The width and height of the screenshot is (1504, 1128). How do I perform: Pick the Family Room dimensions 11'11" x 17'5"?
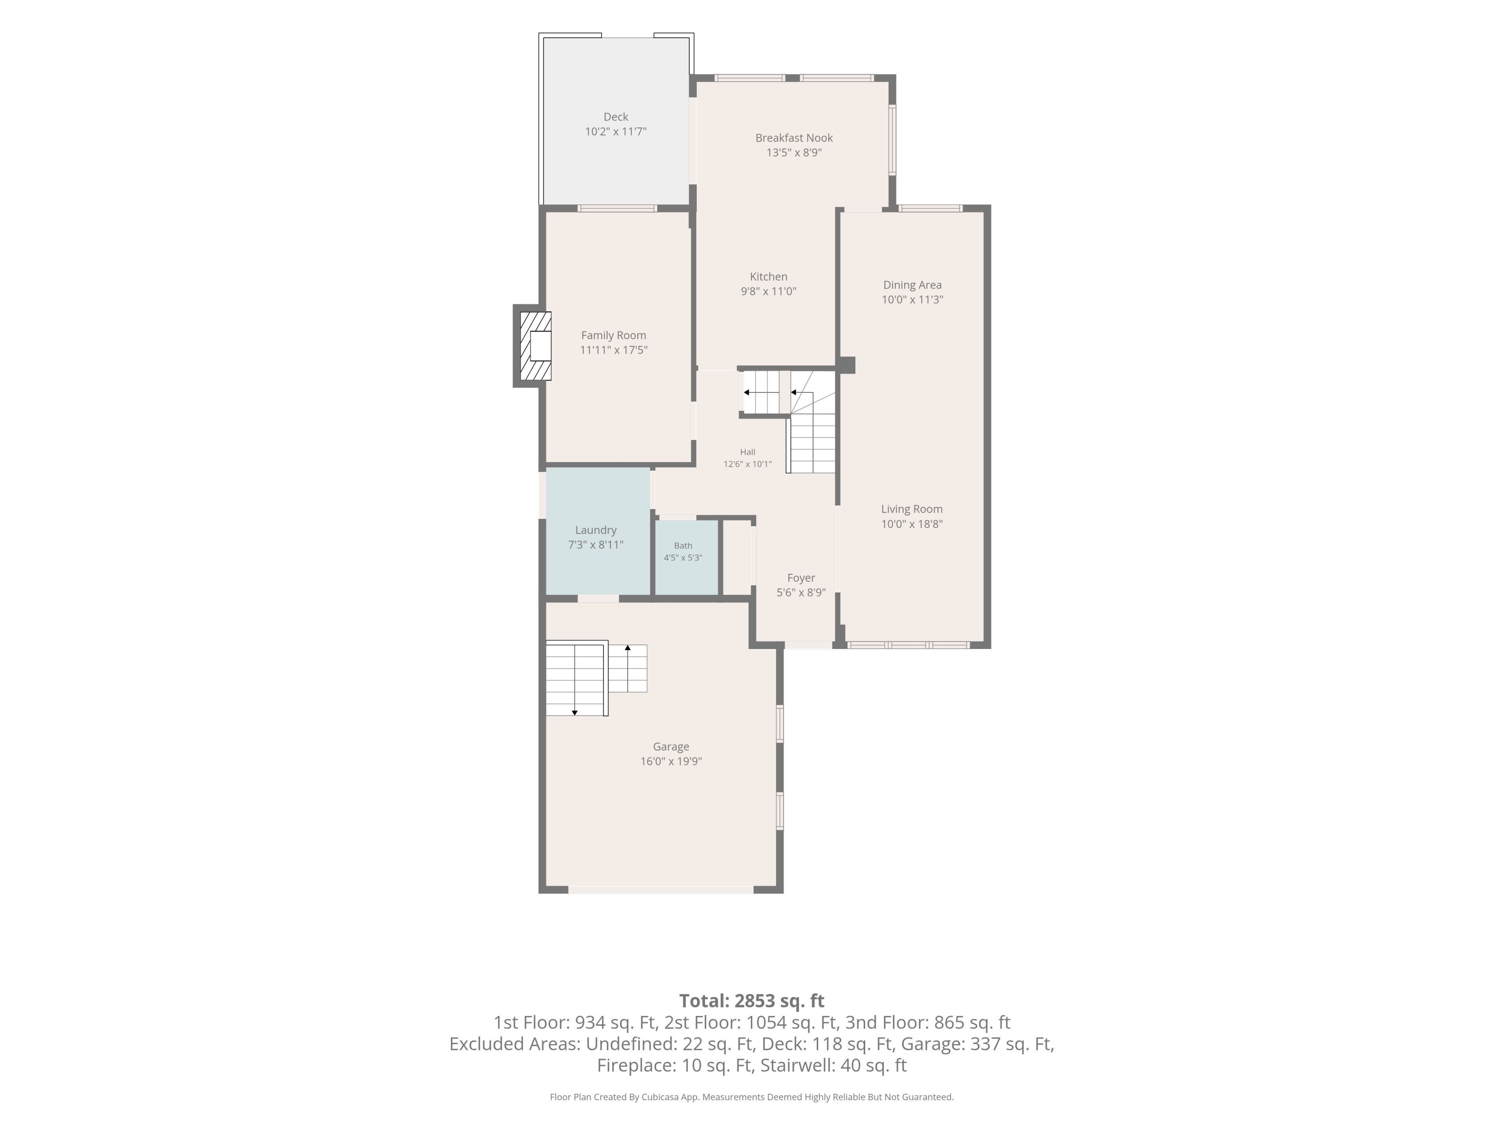coord(613,350)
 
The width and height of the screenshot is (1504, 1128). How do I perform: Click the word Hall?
coord(747,452)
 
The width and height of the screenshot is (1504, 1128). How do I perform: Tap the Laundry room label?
coord(596,530)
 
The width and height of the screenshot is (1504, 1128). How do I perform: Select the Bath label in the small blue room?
coord(683,546)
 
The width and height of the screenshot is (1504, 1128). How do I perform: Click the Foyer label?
coord(801,578)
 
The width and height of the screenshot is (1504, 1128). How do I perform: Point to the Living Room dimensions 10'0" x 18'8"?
coord(912,524)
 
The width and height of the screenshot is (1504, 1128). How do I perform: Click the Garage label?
coord(671,747)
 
